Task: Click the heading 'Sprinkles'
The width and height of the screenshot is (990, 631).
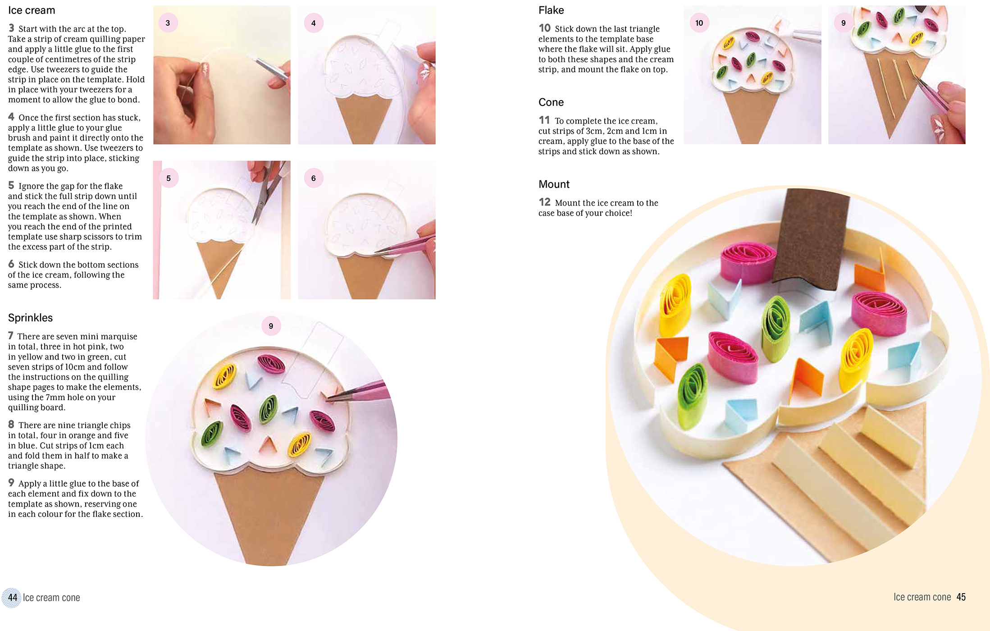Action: (x=30, y=318)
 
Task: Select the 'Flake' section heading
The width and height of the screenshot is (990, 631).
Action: (x=551, y=10)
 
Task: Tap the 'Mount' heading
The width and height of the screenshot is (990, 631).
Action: (x=554, y=184)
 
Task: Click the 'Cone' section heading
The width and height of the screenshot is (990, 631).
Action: (x=551, y=102)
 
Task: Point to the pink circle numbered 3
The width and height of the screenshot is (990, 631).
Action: (x=168, y=23)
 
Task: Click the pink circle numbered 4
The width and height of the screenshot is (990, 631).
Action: (x=314, y=23)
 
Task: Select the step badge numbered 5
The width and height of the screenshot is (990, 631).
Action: (x=169, y=178)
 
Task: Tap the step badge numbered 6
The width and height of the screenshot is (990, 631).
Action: (x=314, y=178)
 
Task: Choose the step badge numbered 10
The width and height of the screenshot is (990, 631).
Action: (x=699, y=23)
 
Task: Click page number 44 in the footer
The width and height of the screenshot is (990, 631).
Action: (x=12, y=598)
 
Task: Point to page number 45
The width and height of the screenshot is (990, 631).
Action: (x=961, y=597)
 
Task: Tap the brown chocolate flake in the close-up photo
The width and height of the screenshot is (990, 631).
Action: (x=811, y=239)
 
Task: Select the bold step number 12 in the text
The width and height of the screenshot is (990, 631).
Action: (x=544, y=202)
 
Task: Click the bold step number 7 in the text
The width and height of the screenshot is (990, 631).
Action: (x=11, y=336)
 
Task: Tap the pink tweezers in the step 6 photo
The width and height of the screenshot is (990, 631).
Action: (x=406, y=243)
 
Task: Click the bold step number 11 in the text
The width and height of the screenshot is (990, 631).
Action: (x=544, y=120)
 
